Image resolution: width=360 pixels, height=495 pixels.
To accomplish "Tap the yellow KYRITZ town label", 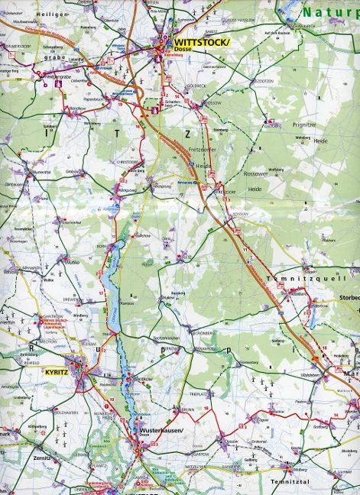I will [x=57, y=371].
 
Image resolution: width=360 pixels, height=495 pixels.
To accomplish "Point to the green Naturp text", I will [x=329, y=12].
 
